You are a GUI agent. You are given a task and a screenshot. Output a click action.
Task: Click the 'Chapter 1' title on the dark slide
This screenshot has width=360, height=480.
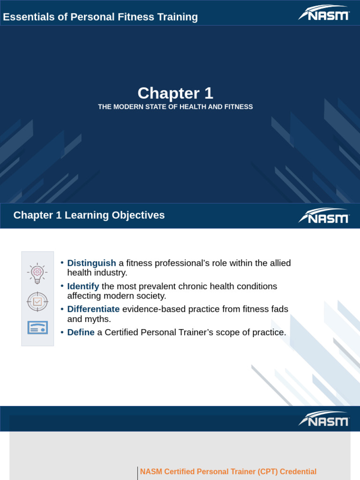click(175, 93)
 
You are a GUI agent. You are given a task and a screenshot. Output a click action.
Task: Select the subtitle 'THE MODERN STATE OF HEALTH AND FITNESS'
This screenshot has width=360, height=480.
click(175, 107)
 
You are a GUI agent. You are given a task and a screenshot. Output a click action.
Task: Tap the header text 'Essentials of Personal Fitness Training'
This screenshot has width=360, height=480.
click(100, 17)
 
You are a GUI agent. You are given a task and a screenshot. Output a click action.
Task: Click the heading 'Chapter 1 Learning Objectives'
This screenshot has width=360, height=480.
click(89, 215)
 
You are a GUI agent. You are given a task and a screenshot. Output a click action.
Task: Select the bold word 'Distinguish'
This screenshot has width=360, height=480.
click(91, 263)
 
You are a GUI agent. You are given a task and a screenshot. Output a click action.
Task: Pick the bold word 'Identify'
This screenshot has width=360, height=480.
click(83, 286)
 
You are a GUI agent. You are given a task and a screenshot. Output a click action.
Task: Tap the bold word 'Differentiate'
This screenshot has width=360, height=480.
click(93, 309)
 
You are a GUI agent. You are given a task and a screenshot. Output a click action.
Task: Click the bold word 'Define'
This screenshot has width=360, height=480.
click(81, 332)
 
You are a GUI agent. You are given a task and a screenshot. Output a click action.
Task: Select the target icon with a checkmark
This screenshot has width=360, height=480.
click(37, 301)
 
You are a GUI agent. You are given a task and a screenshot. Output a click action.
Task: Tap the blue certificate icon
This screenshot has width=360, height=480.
click(37, 328)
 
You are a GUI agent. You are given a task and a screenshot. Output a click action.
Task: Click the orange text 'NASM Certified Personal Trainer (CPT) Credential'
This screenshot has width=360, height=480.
click(228, 472)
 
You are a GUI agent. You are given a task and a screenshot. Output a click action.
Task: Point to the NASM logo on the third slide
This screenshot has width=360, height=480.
click(324, 419)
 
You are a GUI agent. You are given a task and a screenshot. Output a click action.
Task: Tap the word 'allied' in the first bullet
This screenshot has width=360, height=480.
click(279, 263)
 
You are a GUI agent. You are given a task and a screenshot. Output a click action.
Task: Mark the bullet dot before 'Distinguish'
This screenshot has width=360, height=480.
click(62, 262)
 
